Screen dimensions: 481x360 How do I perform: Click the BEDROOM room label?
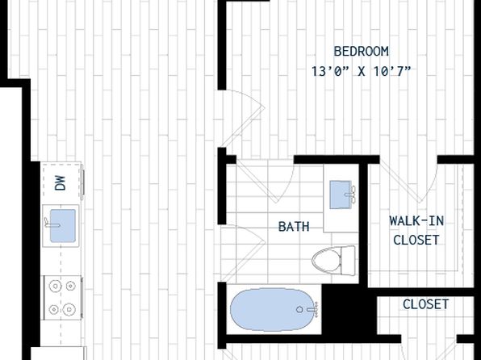click(361, 51)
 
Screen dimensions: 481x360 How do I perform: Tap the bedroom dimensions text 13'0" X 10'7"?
click(361, 72)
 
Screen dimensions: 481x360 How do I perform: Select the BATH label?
click(294, 227)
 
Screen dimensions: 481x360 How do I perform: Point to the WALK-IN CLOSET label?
click(416, 230)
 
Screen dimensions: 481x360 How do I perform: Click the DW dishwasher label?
click(61, 183)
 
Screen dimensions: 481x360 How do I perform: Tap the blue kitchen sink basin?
click(63, 225)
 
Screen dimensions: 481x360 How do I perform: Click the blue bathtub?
click(273, 309)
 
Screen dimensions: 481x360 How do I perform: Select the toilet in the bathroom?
click(333, 261)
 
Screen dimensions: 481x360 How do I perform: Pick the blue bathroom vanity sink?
click(341, 195)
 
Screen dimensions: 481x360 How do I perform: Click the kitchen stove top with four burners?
click(63, 298)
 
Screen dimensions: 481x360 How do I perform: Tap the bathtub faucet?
click(310, 309)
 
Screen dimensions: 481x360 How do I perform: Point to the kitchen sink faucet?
click(52, 223)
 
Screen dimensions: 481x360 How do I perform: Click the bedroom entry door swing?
click(241, 118)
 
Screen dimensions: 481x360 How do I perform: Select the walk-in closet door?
click(408, 181)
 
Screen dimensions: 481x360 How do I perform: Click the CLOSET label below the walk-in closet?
click(425, 304)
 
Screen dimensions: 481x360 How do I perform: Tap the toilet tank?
click(348, 261)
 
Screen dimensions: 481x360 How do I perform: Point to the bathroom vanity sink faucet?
click(352, 195)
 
